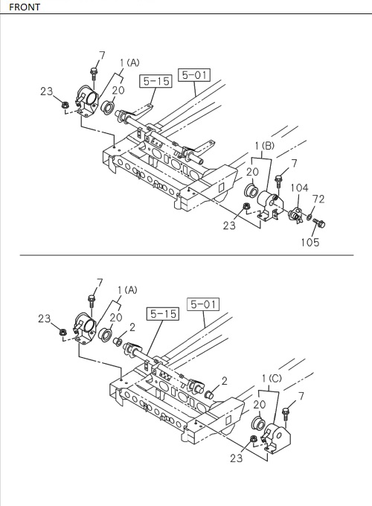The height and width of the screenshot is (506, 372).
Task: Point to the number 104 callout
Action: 299,188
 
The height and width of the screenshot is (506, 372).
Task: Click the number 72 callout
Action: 318,199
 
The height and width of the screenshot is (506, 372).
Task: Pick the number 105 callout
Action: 311,242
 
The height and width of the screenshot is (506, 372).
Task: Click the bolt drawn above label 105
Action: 320,222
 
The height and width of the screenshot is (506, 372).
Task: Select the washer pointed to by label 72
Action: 309,218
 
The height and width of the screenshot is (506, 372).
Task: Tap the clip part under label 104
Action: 295,216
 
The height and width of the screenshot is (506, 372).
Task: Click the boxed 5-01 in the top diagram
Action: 195,74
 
